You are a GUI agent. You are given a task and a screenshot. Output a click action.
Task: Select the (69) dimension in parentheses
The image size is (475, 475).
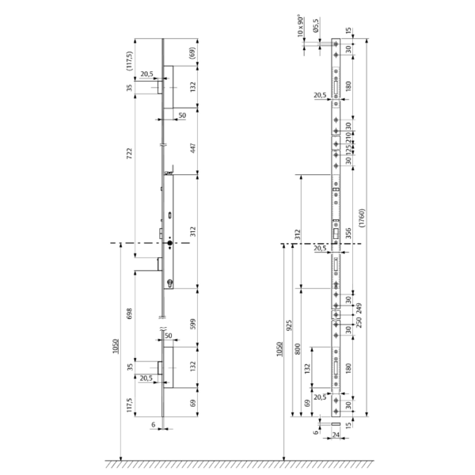click(x=192, y=52)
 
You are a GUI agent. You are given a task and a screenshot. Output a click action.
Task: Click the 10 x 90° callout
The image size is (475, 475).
click(x=300, y=28)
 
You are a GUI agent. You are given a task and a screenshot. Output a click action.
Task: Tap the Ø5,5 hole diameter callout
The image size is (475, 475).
click(x=316, y=28)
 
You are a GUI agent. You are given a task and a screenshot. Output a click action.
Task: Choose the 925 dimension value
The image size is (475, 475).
click(x=289, y=325)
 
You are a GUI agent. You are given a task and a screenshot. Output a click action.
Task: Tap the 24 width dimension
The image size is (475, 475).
click(x=336, y=434)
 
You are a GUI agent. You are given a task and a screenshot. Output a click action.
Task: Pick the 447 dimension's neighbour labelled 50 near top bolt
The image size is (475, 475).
click(x=182, y=116)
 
